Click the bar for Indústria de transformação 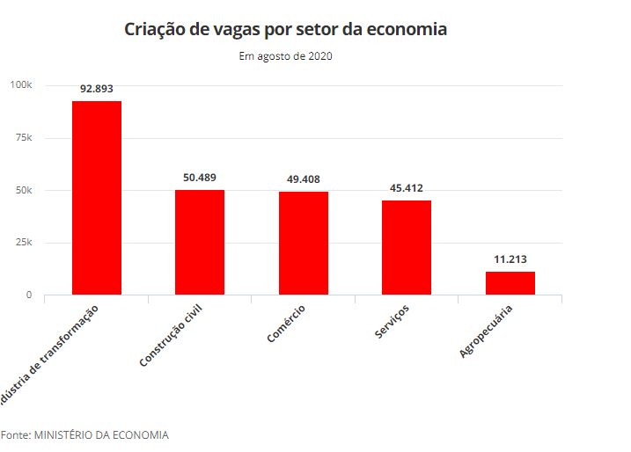(97, 198)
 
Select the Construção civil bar (200, 242)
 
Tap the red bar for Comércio (304, 243)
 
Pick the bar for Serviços (407, 247)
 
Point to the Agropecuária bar (510, 283)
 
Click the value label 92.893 (97, 89)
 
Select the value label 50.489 (200, 178)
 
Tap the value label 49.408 (304, 179)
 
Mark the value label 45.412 (407, 188)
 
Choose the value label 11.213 (510, 259)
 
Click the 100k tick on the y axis (21, 85)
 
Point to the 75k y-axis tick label (24, 138)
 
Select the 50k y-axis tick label (24, 191)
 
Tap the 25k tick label (24, 243)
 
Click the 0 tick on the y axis (28, 295)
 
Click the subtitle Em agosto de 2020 (285, 56)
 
